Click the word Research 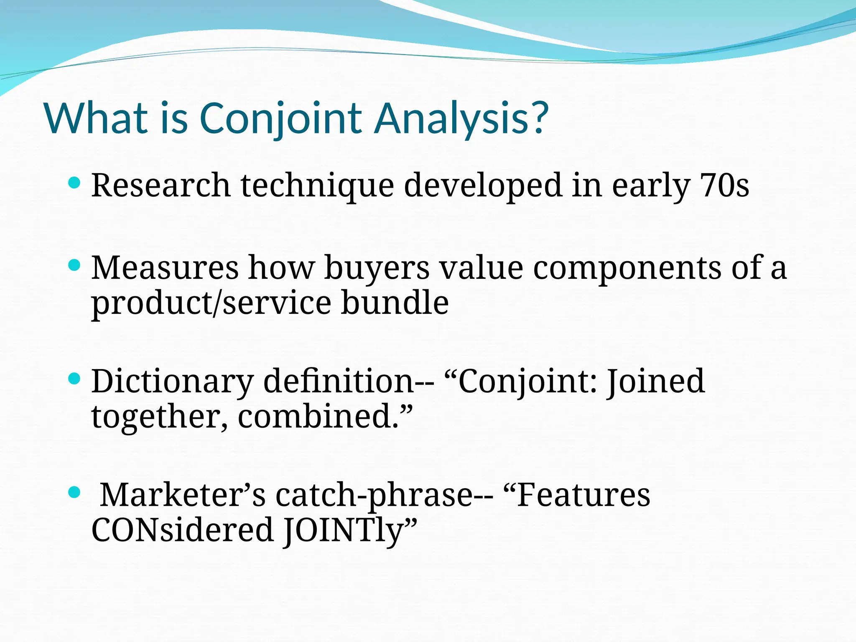point(161,185)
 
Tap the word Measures point(165,267)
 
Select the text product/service point(211,303)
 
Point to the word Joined point(656,382)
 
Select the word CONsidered point(182,530)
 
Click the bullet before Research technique point(74,183)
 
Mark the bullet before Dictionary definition point(74,379)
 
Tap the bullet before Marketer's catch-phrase point(74,492)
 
